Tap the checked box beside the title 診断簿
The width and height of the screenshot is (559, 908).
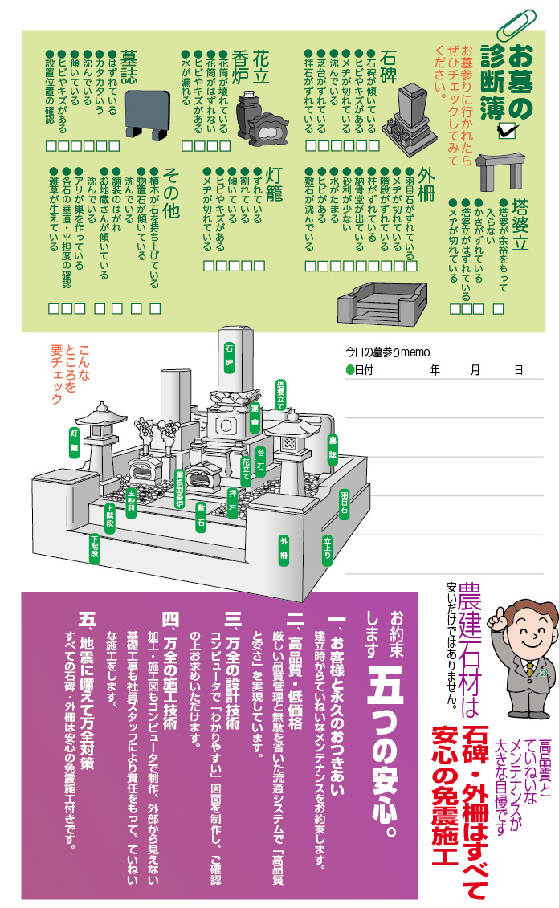(506, 132)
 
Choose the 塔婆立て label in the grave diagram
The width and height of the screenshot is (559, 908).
(281, 395)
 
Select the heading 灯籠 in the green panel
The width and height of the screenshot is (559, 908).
(273, 184)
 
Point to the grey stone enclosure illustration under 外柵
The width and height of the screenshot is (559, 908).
(382, 303)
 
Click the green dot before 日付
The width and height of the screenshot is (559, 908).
(350, 369)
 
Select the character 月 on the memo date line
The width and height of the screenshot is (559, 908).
(475, 369)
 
